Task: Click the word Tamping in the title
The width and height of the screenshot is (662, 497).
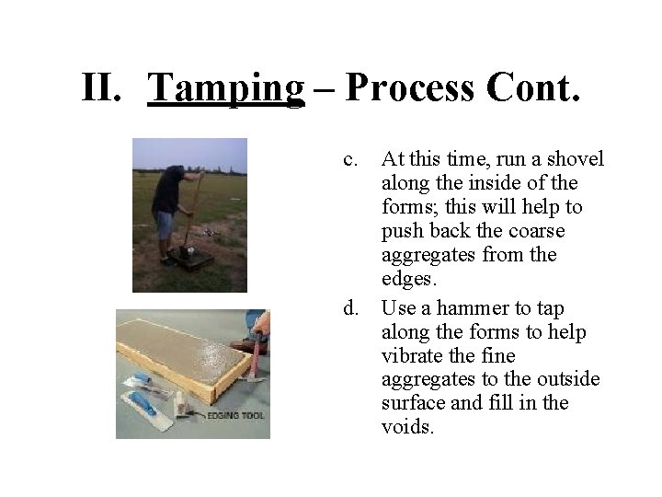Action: (225, 87)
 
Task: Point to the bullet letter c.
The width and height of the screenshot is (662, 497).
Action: (350, 159)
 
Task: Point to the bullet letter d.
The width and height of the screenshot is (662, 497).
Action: (350, 306)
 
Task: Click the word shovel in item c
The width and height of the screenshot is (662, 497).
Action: (576, 159)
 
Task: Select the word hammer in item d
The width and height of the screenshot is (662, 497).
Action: (458, 306)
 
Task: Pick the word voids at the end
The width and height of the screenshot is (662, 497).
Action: (406, 428)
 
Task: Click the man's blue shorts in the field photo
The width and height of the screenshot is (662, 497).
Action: (165, 224)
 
